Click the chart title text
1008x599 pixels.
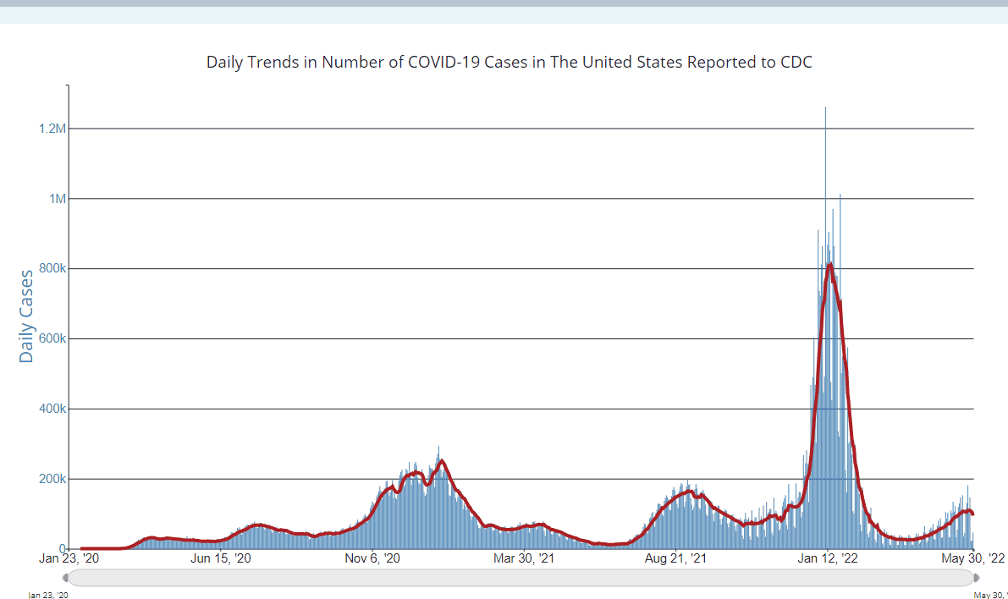click(x=510, y=63)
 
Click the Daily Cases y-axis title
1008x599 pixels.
click(x=26, y=316)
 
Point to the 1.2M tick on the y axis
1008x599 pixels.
click(x=52, y=129)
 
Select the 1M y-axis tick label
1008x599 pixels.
click(x=58, y=199)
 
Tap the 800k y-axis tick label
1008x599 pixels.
click(x=52, y=269)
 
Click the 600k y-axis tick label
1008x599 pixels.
click(x=52, y=338)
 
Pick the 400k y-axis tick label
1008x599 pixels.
click(x=52, y=409)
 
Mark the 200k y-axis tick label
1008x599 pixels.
click(x=52, y=479)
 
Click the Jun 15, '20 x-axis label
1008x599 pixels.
click(x=221, y=558)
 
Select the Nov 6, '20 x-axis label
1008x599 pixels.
click(x=372, y=558)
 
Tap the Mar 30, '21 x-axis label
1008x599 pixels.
click(x=523, y=558)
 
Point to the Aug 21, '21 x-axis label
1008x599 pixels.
click(x=675, y=558)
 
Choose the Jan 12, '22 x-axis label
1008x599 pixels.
click(x=828, y=558)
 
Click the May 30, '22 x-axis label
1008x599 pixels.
click(x=972, y=558)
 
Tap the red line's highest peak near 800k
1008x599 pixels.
click(x=830, y=264)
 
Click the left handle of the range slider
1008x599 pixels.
click(x=65, y=578)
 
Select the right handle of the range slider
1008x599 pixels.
click(x=977, y=578)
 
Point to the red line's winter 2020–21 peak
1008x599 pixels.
click(x=441, y=461)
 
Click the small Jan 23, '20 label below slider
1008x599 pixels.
click(x=48, y=595)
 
